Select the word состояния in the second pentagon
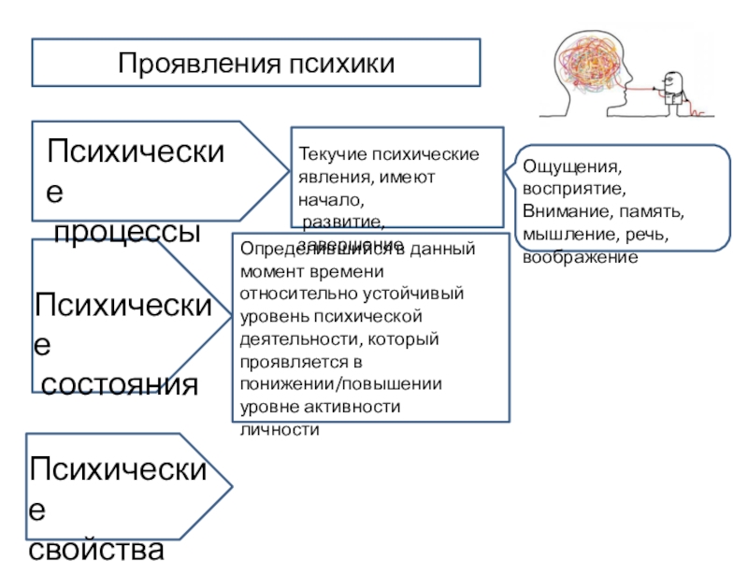tap(119, 382)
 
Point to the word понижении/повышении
tap(341, 383)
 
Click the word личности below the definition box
tap(280, 430)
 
